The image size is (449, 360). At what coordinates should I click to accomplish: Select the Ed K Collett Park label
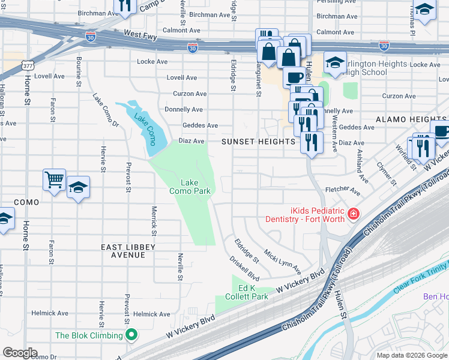coord(247,292)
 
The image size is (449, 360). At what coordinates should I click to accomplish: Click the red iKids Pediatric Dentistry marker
coord(354,214)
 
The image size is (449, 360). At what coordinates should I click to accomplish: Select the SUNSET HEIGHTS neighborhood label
coord(258,142)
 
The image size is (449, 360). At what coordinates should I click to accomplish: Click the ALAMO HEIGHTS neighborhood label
coord(411,119)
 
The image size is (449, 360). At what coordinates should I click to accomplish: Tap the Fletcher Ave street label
coord(342,191)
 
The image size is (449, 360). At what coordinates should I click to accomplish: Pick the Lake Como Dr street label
coord(105,109)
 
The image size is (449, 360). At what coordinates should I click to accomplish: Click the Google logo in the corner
coord(20,353)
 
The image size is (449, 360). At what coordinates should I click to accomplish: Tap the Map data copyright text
coord(412,355)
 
